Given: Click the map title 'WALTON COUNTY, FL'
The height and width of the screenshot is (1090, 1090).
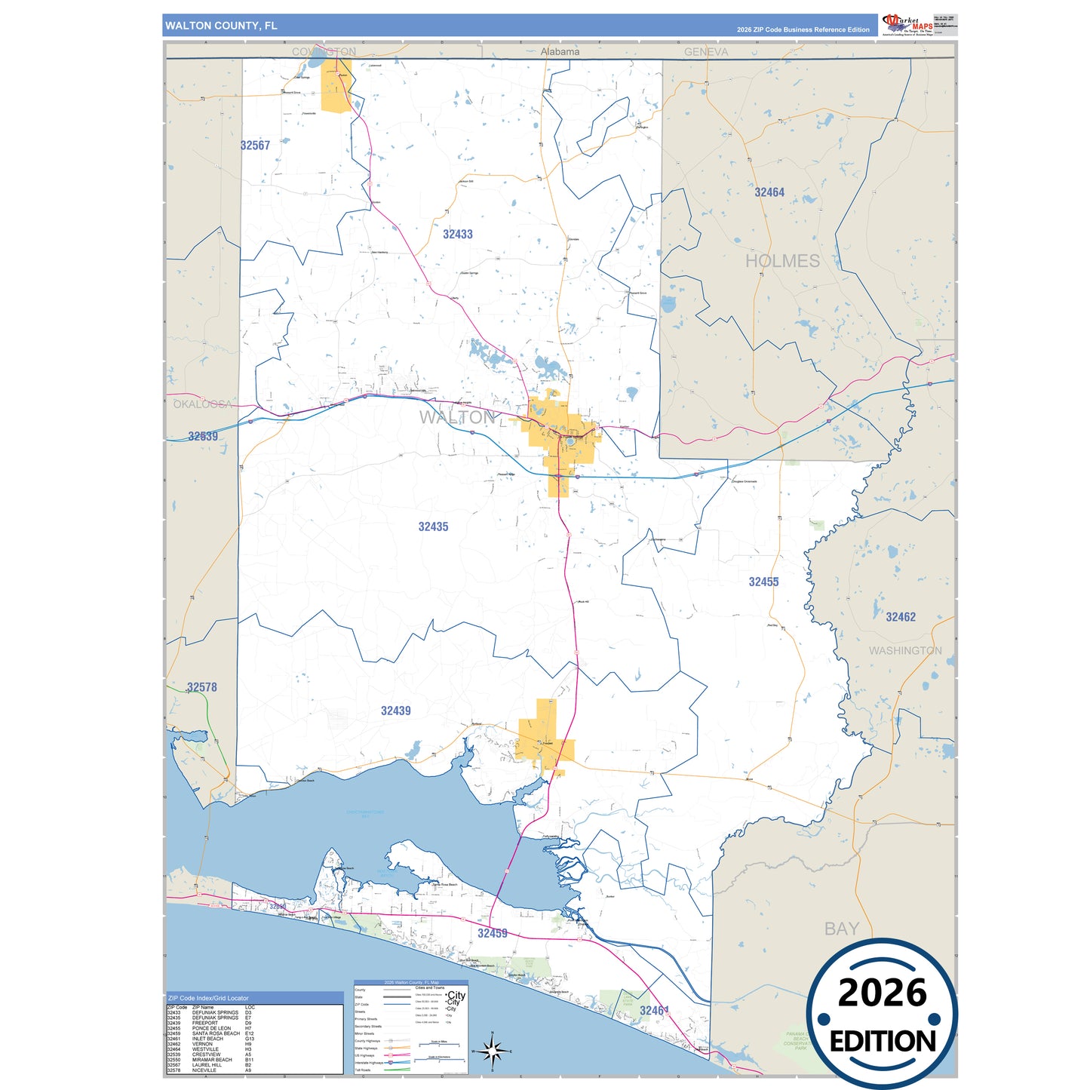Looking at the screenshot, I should pyautogui.click(x=221, y=26).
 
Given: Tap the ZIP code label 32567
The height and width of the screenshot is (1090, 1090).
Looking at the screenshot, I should pyautogui.click(x=255, y=146).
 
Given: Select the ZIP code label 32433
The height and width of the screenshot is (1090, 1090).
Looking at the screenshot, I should pyautogui.click(x=457, y=235).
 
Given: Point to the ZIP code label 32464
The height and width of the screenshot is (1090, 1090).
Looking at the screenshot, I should pyautogui.click(x=769, y=192).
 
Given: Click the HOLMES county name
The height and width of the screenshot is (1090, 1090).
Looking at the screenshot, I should pyautogui.click(x=782, y=261).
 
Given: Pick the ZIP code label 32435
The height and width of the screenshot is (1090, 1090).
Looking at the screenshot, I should pyautogui.click(x=433, y=527).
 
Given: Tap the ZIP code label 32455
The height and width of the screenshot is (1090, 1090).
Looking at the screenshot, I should pyautogui.click(x=763, y=582).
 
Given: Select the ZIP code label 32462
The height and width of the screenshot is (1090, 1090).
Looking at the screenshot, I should pyautogui.click(x=900, y=617).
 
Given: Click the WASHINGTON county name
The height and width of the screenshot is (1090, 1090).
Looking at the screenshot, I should pyautogui.click(x=904, y=650).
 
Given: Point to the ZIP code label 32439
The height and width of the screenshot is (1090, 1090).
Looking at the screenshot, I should pyautogui.click(x=395, y=711).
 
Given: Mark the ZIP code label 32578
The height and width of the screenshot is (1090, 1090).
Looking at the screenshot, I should pyautogui.click(x=201, y=687).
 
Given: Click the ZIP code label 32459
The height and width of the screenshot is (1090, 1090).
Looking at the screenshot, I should pyautogui.click(x=492, y=933).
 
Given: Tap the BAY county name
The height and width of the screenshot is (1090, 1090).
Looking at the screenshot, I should pyautogui.click(x=841, y=929).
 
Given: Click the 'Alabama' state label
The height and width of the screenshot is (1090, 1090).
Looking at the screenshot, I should pyautogui.click(x=560, y=51).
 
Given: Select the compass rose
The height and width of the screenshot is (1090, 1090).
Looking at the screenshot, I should pyautogui.click(x=492, y=1050).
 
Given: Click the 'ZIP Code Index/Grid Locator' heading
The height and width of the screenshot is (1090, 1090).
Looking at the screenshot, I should pyautogui.click(x=208, y=998).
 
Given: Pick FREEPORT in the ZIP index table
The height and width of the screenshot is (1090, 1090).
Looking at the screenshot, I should pyautogui.click(x=205, y=1023).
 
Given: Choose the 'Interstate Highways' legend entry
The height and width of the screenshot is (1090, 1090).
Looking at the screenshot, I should pyautogui.click(x=369, y=1063).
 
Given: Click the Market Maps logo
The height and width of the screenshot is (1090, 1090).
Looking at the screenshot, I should pyautogui.click(x=907, y=24).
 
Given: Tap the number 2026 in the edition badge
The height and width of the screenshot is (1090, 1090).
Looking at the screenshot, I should pyautogui.click(x=882, y=993).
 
